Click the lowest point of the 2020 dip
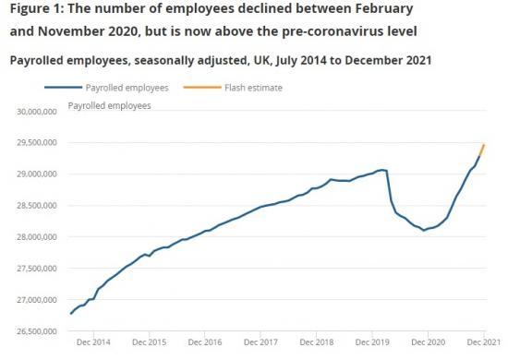click(x=424, y=230)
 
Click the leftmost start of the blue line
click(x=70, y=314)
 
